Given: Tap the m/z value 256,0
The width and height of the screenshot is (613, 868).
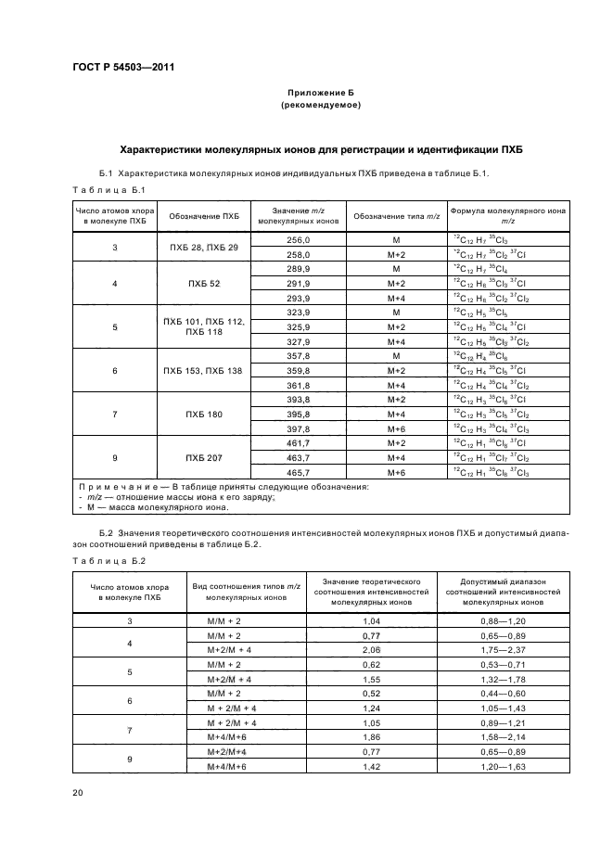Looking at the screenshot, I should coord(299,239).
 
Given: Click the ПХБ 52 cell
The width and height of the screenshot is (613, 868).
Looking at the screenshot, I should coord(204,283).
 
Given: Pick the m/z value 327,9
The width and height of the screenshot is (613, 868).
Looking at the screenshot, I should coord(299,341).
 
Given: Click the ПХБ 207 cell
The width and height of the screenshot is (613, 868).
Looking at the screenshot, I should coord(204,457).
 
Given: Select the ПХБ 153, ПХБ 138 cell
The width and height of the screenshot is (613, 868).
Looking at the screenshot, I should coord(204,369).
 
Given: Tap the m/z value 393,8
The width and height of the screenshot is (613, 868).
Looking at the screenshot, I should coord(299,399).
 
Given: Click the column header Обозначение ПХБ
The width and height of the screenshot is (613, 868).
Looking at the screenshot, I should coord(204,217).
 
